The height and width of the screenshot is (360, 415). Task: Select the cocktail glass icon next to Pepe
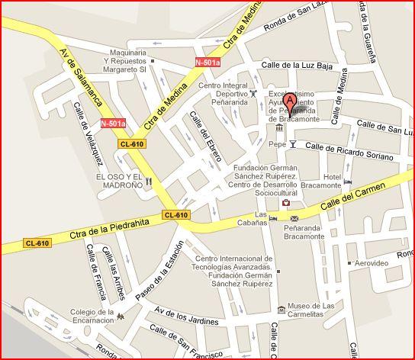292,143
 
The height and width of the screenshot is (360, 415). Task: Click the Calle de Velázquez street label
88,140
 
